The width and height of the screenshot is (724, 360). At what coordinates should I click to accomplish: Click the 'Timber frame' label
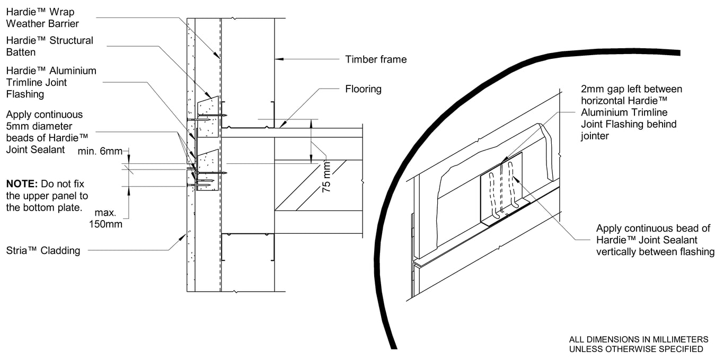[376, 59]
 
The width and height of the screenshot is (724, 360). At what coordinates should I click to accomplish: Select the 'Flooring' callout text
[363, 89]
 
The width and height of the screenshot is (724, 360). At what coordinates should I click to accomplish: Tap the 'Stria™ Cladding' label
[43, 251]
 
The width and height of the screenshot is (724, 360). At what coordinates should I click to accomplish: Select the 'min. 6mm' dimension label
[100, 151]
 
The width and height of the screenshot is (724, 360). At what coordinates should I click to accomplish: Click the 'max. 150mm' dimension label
[105, 219]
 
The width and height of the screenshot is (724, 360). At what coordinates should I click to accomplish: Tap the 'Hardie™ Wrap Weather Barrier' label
[42, 18]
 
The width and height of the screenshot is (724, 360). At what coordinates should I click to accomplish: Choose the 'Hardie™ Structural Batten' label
[49, 46]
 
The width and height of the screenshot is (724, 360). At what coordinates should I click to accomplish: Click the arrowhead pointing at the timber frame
[278, 59]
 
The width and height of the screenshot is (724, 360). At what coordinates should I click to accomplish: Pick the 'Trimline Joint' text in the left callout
[37, 83]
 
